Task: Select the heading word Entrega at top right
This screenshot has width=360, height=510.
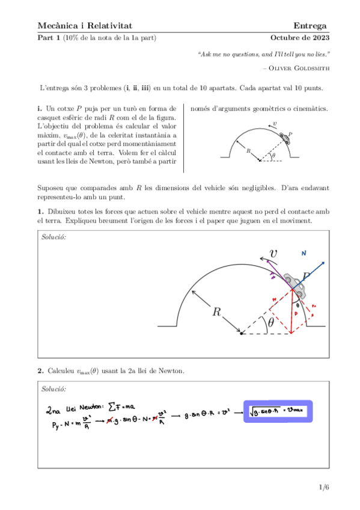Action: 310,25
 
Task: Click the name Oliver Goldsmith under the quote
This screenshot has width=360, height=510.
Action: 301,67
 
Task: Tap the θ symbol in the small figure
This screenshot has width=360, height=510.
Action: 273,155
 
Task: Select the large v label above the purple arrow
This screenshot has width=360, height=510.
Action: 273,254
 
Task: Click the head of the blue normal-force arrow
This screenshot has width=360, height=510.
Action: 324,262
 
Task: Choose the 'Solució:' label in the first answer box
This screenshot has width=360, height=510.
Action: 53,237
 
